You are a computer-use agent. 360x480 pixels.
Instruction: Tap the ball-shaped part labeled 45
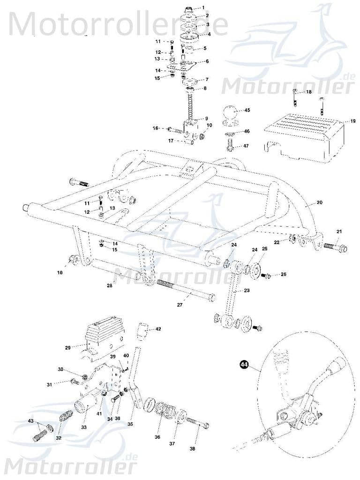tap(231, 114)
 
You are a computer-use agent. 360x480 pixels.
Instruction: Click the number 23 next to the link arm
tap(247, 291)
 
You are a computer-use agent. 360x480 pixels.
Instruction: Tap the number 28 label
tap(109, 285)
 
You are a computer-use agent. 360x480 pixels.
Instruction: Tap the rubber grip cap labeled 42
tap(144, 332)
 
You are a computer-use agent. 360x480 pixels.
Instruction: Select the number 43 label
tap(30, 420)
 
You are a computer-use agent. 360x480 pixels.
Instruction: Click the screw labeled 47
tap(230, 147)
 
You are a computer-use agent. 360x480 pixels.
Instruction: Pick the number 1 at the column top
tap(203, 7)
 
